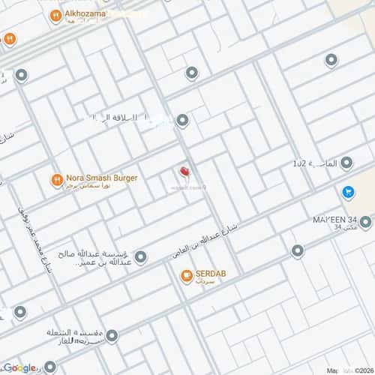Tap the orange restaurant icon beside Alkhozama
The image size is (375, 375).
[x=55, y=15]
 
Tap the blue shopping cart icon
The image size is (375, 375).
[x=348, y=192]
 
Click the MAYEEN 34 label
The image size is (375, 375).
[x=335, y=219]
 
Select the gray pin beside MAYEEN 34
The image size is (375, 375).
[x=365, y=222]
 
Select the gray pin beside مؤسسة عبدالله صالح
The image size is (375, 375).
[x=140, y=256]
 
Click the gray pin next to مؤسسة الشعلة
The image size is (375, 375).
[x=111, y=337]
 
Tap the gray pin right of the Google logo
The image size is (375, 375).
[x=50, y=367]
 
